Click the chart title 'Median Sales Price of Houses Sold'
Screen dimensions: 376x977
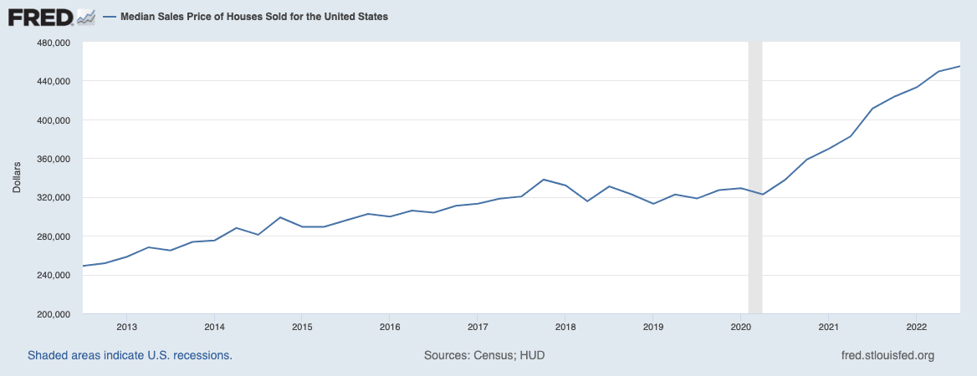pyautogui.click(x=253, y=17)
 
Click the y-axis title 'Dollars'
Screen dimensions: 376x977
pyautogui.click(x=17, y=178)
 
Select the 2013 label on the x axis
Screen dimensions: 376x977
pyautogui.click(x=127, y=327)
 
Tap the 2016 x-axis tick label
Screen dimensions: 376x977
pyautogui.click(x=390, y=327)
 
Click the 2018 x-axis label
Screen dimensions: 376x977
pyautogui.click(x=565, y=327)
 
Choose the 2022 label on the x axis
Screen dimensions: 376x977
pyautogui.click(x=916, y=327)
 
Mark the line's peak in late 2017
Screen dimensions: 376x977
pyautogui.click(x=544, y=180)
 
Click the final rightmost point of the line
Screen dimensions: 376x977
pyautogui.click(x=959, y=66)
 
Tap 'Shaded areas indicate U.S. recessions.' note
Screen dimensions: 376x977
pyautogui.click(x=130, y=355)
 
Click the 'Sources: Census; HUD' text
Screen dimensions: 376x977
pyautogui.click(x=484, y=355)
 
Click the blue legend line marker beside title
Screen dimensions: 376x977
pyautogui.click(x=110, y=17)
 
